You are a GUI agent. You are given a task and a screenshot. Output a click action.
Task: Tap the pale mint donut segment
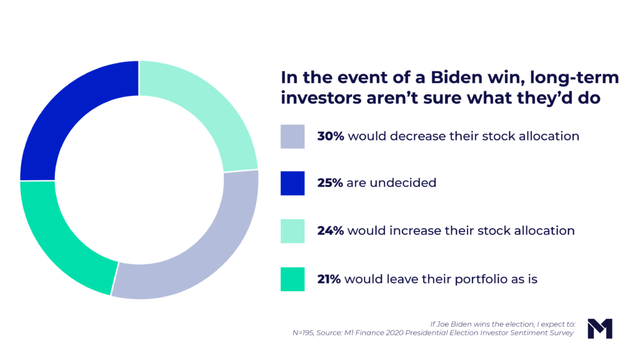coord(206,109)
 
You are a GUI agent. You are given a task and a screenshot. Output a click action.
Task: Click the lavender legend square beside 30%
coord(292,136)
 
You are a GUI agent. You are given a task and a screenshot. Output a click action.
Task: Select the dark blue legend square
coord(292,183)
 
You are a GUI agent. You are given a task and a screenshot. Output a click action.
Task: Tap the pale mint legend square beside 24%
coord(292,231)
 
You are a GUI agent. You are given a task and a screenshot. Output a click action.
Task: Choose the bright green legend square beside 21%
coord(292,279)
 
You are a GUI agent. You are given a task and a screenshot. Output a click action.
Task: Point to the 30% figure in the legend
coord(330,136)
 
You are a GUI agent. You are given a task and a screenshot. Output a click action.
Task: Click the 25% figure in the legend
coord(330,183)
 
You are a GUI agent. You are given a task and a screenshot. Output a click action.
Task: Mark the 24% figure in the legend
coord(330,231)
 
